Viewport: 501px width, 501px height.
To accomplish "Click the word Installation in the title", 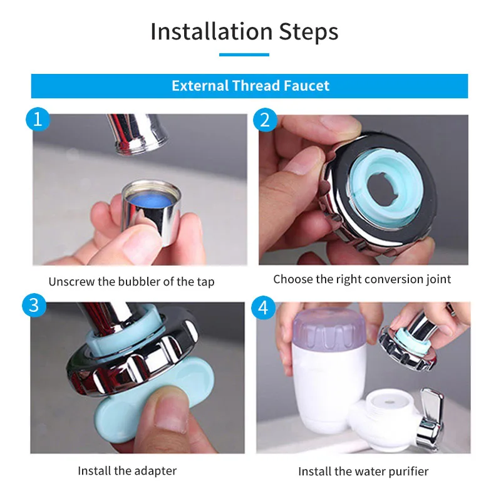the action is point(212,32).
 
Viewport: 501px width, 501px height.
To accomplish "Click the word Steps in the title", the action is point(308,33).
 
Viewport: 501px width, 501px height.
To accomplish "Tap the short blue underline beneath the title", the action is point(244,54).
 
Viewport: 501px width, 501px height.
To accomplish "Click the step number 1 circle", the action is point(38,119).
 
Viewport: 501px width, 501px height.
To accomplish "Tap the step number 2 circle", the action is point(265,120).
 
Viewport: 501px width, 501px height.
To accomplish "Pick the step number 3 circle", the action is point(34,305).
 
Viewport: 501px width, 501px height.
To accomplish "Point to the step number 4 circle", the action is point(263,308).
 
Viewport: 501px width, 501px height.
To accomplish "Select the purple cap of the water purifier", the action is point(329,330).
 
